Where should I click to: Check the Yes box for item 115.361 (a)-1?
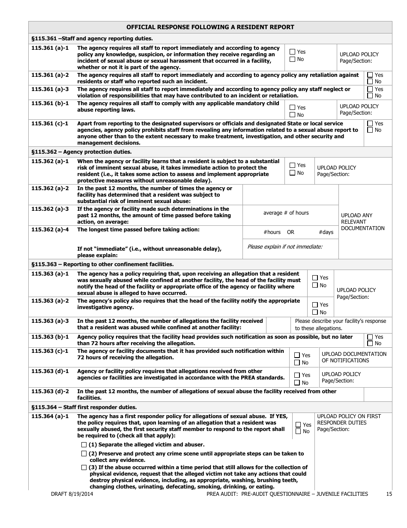point(293,52)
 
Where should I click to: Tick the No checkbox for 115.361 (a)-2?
point(370,82)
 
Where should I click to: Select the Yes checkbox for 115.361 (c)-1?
point(370,124)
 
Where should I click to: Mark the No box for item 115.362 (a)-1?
point(293,173)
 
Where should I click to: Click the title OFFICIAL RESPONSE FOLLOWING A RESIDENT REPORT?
point(210,27)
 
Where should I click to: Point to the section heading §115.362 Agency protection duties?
point(81,152)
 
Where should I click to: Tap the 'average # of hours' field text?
point(286,213)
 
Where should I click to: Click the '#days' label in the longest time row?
point(326,232)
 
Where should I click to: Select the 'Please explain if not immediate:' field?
point(285,246)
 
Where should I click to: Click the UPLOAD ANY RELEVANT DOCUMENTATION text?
point(362,222)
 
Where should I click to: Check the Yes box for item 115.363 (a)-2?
point(315,305)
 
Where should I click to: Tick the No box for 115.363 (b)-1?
point(370,343)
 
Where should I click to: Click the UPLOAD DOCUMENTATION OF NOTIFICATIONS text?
point(354,357)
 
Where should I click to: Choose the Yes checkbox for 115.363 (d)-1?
point(297,375)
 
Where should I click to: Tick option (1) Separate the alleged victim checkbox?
point(84,445)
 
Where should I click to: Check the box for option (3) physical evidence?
point(84,467)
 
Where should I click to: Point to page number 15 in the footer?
point(389,494)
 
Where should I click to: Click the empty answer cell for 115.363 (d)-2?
point(377,394)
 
